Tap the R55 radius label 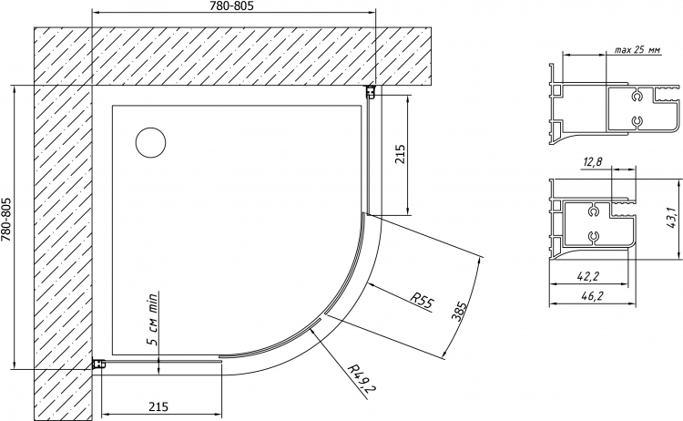pos(422,301)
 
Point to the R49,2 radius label pos(362,377)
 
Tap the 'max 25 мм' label pos(637,50)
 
